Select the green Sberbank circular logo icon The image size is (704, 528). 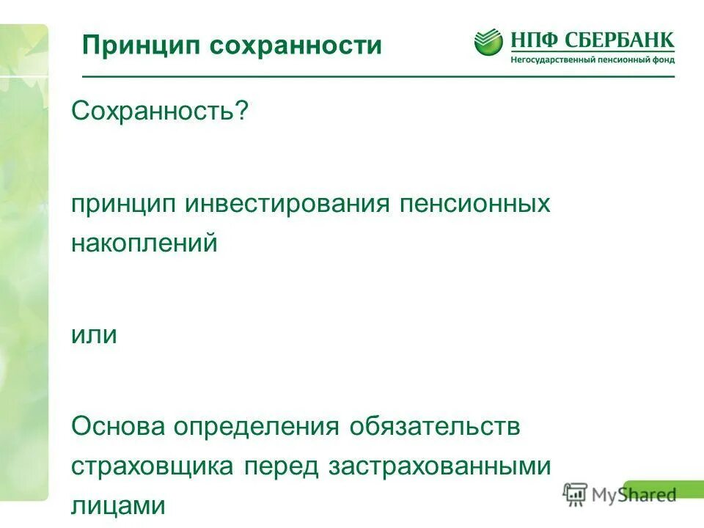488,42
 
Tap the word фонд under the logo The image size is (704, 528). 659,59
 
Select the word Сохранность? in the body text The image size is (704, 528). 160,112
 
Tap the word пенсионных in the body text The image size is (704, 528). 475,203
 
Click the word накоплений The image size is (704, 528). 144,243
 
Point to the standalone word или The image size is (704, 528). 94,334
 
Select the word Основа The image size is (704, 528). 117,427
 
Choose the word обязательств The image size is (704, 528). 435,427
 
